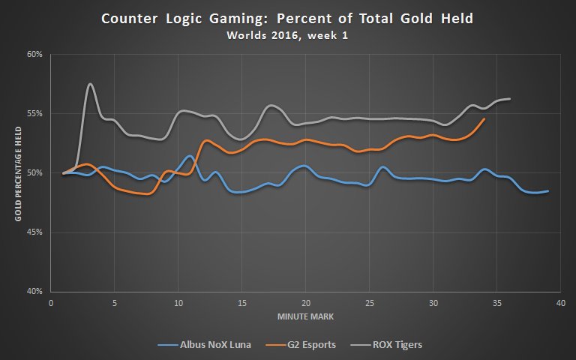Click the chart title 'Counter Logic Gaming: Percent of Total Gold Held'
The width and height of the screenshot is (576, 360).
(x=287, y=18)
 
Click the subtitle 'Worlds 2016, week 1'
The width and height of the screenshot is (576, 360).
(x=287, y=34)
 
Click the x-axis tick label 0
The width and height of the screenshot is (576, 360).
(x=50, y=304)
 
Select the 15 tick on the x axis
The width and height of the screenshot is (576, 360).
(x=241, y=304)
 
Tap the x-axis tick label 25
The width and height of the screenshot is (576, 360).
(x=369, y=304)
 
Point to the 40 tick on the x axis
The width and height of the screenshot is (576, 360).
(x=560, y=304)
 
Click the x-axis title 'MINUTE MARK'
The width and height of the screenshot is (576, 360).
(x=304, y=316)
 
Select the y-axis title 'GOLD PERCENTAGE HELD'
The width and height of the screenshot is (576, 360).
(x=17, y=172)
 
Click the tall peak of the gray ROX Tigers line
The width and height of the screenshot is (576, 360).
(x=90, y=84)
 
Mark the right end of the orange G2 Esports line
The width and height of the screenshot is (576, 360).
(x=484, y=118)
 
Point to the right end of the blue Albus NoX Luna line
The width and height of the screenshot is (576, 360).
(x=548, y=191)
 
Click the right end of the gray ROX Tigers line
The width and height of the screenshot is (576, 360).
(x=510, y=99)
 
